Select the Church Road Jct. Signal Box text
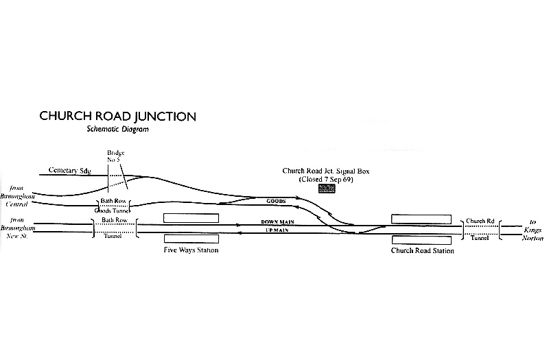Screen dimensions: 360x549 point(326,171)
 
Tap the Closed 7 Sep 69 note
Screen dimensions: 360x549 point(326,179)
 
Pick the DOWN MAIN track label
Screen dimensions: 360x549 point(278,222)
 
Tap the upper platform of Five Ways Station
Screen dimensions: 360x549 point(191,218)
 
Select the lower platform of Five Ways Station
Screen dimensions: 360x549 point(191,238)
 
